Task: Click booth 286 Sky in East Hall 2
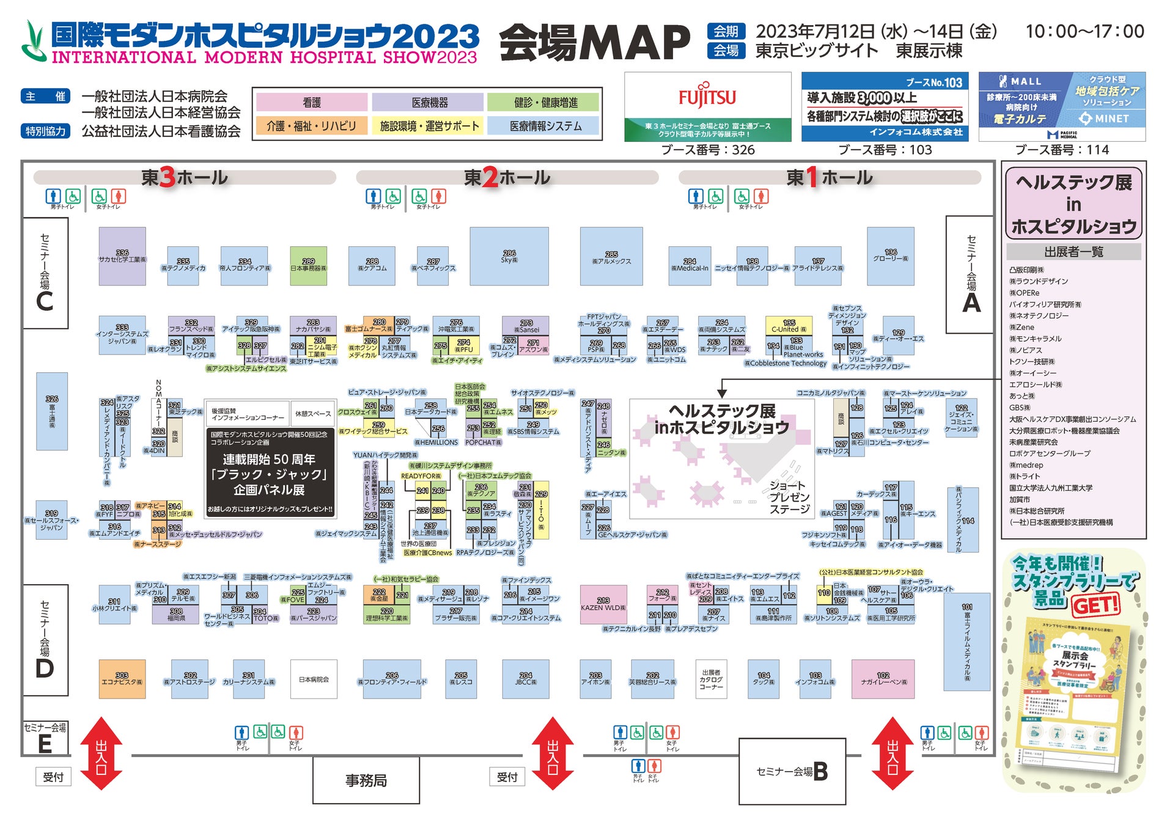coord(509,256)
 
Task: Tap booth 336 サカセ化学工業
coord(122,256)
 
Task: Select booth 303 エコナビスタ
coord(122,678)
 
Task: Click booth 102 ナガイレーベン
coord(883,678)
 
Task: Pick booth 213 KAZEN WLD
coord(603,604)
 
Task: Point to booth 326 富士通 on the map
coord(52,411)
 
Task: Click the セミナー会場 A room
coord(970,274)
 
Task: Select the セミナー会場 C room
coord(45,273)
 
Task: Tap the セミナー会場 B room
coord(792,771)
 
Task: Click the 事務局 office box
coord(366,780)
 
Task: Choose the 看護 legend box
coord(312,103)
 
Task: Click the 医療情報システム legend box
coord(545,126)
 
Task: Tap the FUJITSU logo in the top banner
coord(707,97)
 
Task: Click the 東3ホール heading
coord(184,178)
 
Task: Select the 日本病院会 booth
coord(314,678)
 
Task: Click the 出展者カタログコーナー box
coord(711,678)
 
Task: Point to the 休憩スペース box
coord(313,414)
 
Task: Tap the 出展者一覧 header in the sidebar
coord(1073,252)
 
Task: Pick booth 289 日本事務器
coord(308,265)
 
